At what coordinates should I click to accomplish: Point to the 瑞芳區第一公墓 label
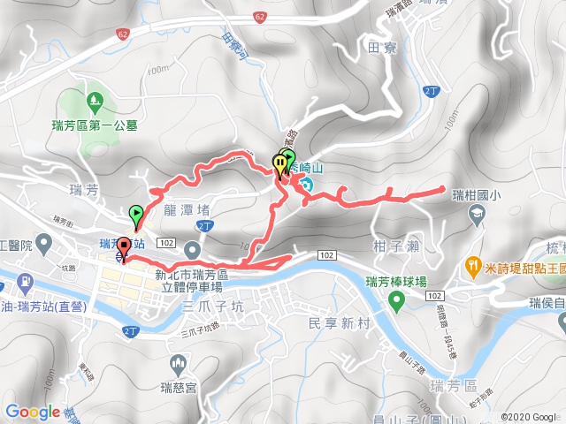tap(94, 125)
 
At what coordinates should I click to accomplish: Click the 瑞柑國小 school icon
tap(478, 214)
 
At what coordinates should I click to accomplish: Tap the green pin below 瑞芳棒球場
tap(397, 303)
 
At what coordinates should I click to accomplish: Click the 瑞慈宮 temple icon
tap(180, 363)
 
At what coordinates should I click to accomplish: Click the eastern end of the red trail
tap(442, 188)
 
